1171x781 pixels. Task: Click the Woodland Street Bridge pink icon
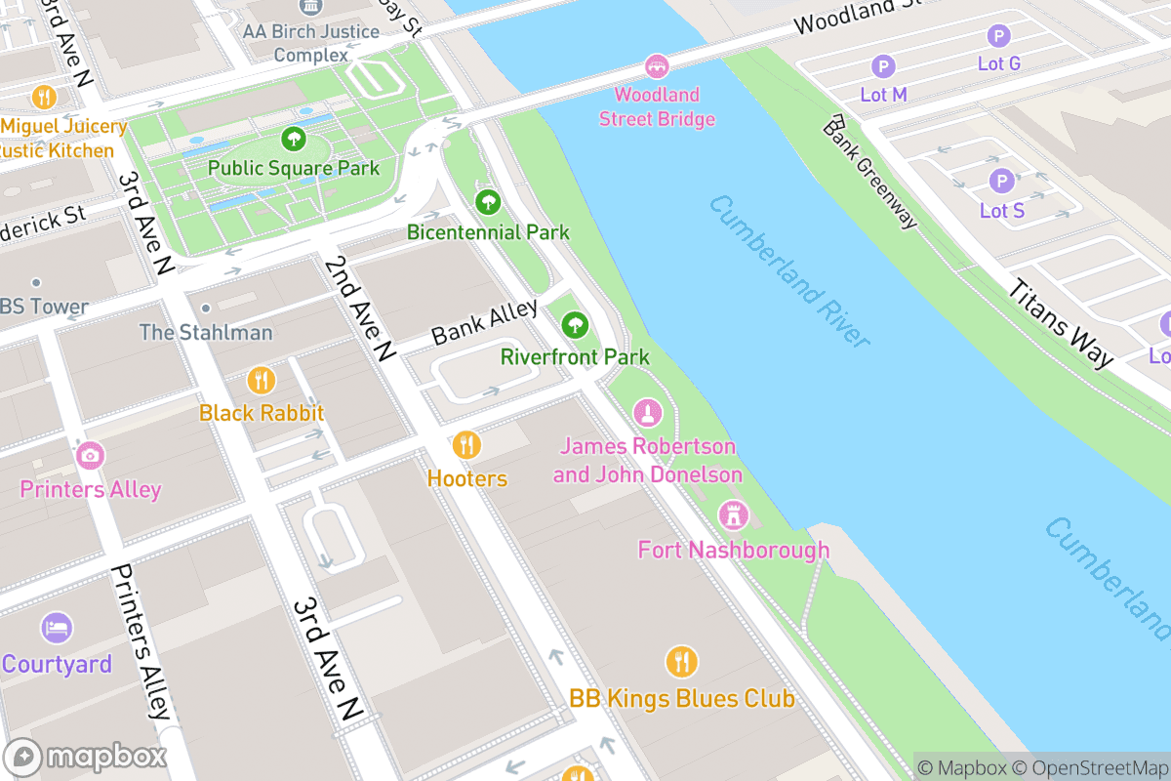(x=657, y=66)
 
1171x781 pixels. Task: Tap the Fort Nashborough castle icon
(x=732, y=514)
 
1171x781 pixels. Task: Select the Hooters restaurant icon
(x=466, y=445)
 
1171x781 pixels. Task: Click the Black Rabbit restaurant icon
(x=261, y=380)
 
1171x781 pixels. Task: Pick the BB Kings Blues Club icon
(x=681, y=662)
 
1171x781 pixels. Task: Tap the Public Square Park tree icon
(x=293, y=140)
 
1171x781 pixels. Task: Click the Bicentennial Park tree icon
(x=488, y=203)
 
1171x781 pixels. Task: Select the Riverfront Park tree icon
(x=575, y=324)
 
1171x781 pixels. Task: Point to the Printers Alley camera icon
(x=90, y=455)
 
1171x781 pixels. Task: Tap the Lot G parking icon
(x=998, y=37)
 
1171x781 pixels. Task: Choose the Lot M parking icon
(x=883, y=66)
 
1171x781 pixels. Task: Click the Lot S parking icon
(x=1001, y=182)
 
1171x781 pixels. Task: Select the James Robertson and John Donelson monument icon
(x=647, y=413)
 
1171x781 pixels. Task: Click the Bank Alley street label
(x=484, y=322)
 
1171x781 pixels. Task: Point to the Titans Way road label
(x=1060, y=324)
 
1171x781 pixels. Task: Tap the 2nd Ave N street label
(x=359, y=308)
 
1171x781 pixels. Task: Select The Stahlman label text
(x=206, y=332)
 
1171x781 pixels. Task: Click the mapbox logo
(x=88, y=757)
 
